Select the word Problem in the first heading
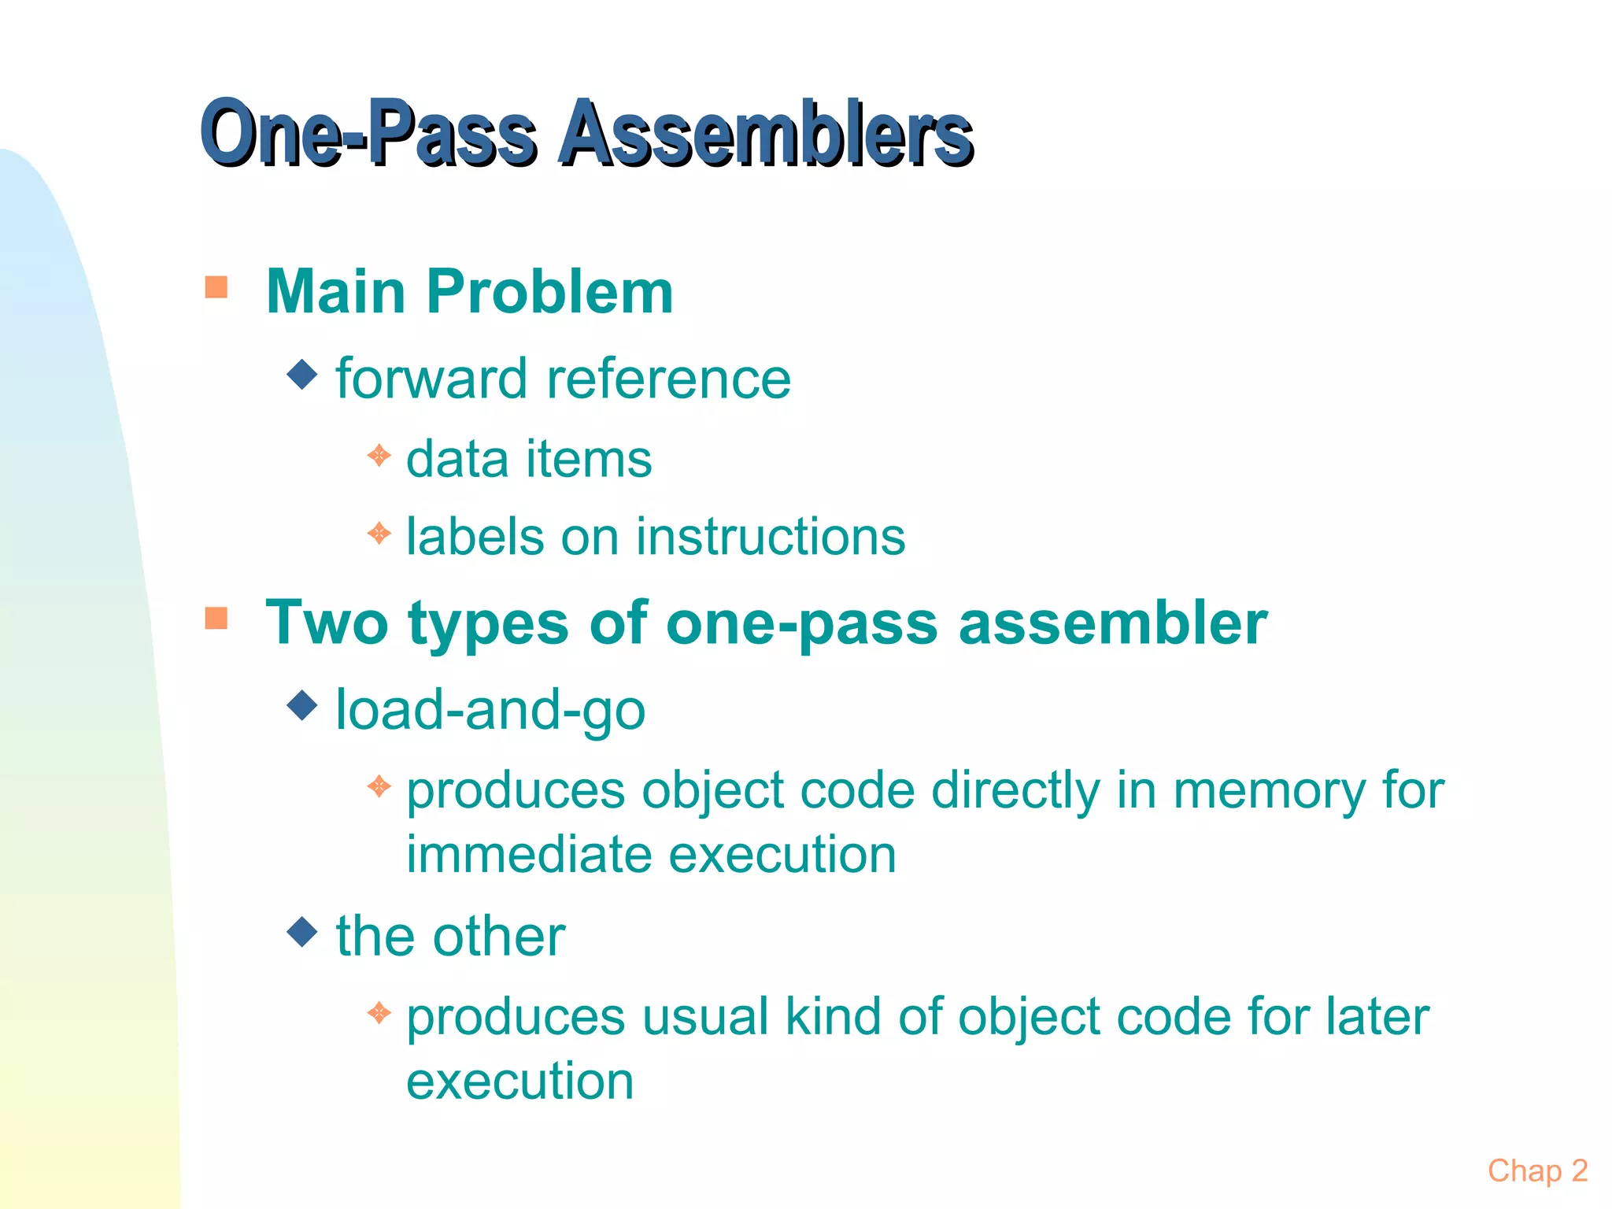pos(549,291)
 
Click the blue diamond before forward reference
pos(302,375)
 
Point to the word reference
pos(668,379)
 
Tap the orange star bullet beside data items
pos(379,455)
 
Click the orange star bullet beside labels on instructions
pos(379,534)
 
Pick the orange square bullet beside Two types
pos(216,618)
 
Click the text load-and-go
pos(490,710)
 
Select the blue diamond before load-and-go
pos(302,705)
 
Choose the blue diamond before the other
pos(302,932)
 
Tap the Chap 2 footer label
pos(1537,1170)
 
